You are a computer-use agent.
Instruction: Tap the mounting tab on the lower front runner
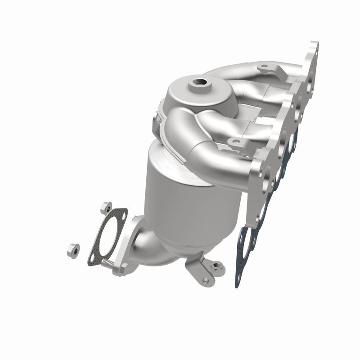tap(235, 143)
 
